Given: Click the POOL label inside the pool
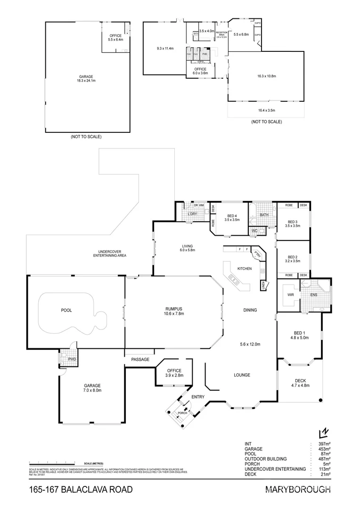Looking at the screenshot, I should (x=66, y=311).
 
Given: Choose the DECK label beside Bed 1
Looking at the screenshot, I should (x=301, y=381).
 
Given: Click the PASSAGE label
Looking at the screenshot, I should (x=140, y=360).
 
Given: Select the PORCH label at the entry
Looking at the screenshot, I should (x=182, y=413).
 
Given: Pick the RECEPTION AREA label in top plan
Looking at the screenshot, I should (x=221, y=33).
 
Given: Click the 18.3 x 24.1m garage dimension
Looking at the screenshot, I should (x=86, y=81).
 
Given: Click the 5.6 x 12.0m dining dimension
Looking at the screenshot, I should (x=250, y=344).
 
